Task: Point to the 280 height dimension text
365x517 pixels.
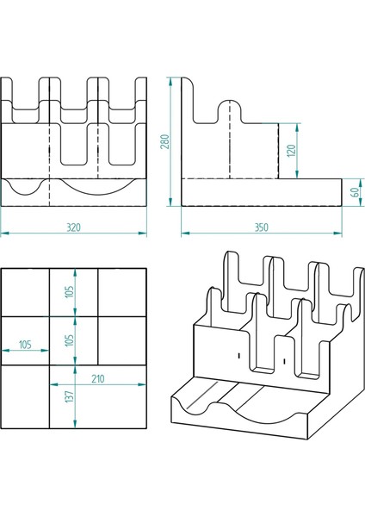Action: click(x=164, y=141)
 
